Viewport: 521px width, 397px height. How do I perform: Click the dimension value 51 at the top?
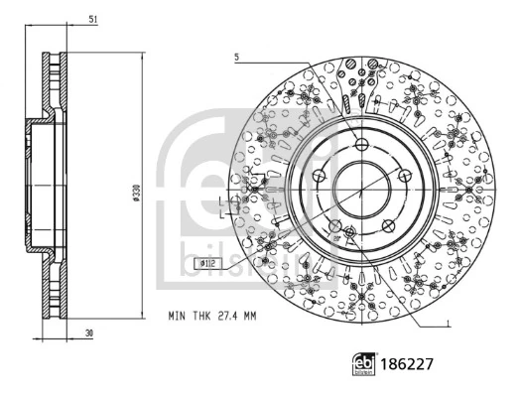click(91, 19)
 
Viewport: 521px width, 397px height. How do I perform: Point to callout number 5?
click(237, 58)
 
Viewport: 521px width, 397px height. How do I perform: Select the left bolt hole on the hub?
click(319, 176)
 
